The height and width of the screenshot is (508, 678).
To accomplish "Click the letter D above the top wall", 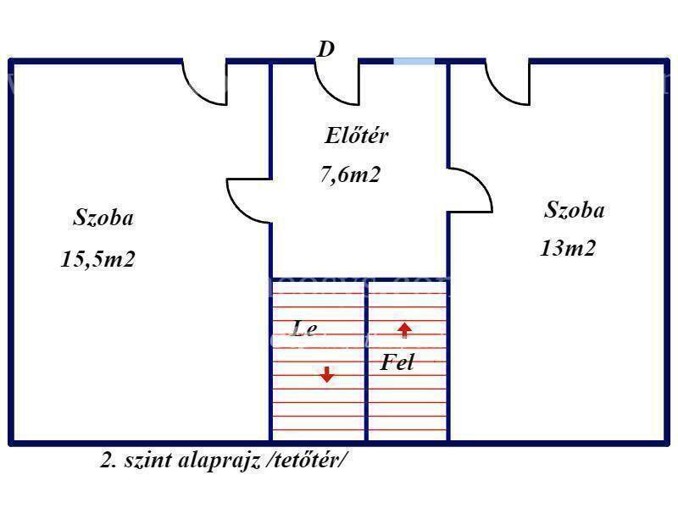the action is pyautogui.click(x=326, y=49).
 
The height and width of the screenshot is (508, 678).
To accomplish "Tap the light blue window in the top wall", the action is pyautogui.click(x=414, y=61).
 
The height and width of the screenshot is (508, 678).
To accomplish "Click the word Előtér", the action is pyautogui.click(x=356, y=135).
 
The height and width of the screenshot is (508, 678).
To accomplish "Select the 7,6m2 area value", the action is pyautogui.click(x=350, y=174).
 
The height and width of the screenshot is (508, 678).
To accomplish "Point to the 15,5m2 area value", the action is pyautogui.click(x=97, y=259).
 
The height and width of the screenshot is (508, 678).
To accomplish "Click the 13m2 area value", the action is pyautogui.click(x=568, y=248).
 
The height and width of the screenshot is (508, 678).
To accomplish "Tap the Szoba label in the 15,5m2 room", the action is pyautogui.click(x=103, y=218).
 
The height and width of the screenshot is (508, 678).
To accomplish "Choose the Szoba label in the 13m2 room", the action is pyautogui.click(x=575, y=210).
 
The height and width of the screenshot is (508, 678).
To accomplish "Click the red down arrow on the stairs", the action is pyautogui.click(x=327, y=374).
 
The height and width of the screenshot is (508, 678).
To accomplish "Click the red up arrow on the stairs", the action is pyautogui.click(x=405, y=330).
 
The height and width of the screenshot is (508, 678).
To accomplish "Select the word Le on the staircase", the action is pyautogui.click(x=304, y=329).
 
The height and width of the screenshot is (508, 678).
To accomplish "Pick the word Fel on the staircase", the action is pyautogui.click(x=397, y=362).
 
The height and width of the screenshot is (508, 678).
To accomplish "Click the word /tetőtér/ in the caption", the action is pyautogui.click(x=307, y=460).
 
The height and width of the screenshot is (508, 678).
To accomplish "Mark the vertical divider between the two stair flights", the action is pyautogui.click(x=366, y=362).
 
